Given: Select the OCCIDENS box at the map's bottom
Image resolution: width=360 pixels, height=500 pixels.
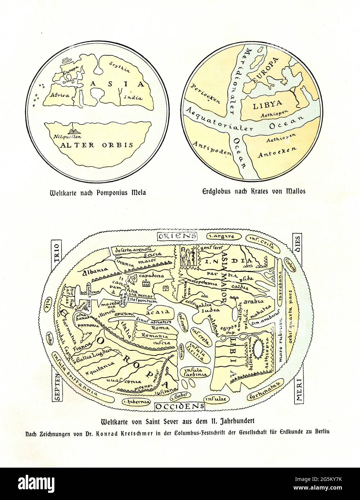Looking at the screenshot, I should [x=180, y=406].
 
